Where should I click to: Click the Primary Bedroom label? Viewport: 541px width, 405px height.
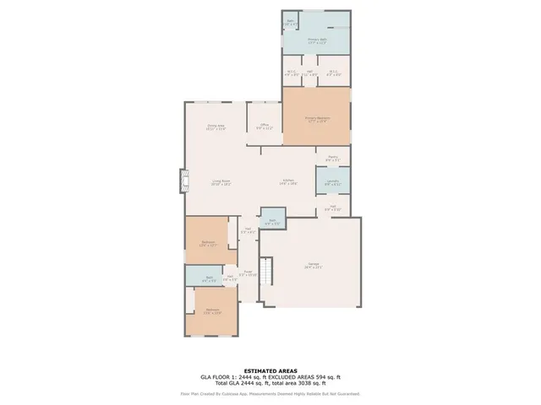coord(316,118)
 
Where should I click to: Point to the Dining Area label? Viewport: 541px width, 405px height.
coord(216,127)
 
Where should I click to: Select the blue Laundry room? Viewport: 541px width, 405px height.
coord(333,181)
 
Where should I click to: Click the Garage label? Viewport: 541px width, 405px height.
coord(313,267)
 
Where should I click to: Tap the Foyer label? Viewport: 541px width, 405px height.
coord(247,273)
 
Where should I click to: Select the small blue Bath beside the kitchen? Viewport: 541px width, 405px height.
coord(273,221)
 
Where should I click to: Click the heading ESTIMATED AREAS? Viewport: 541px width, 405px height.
coord(270,370)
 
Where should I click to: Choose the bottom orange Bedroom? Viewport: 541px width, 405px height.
coord(213,310)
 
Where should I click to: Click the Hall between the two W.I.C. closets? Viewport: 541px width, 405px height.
coord(310,73)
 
